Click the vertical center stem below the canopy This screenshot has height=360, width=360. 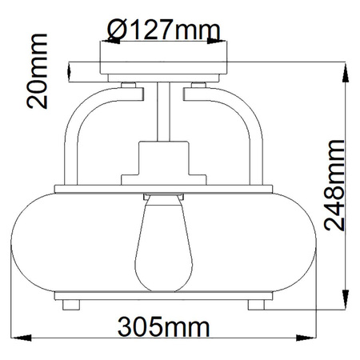pyautogui.click(x=166, y=112)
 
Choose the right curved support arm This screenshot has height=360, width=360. pyautogui.click(x=256, y=136)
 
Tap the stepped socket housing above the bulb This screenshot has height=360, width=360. pyautogui.click(x=166, y=165)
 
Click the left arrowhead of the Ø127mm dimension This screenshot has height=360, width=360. pyautogui.click(x=103, y=42)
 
